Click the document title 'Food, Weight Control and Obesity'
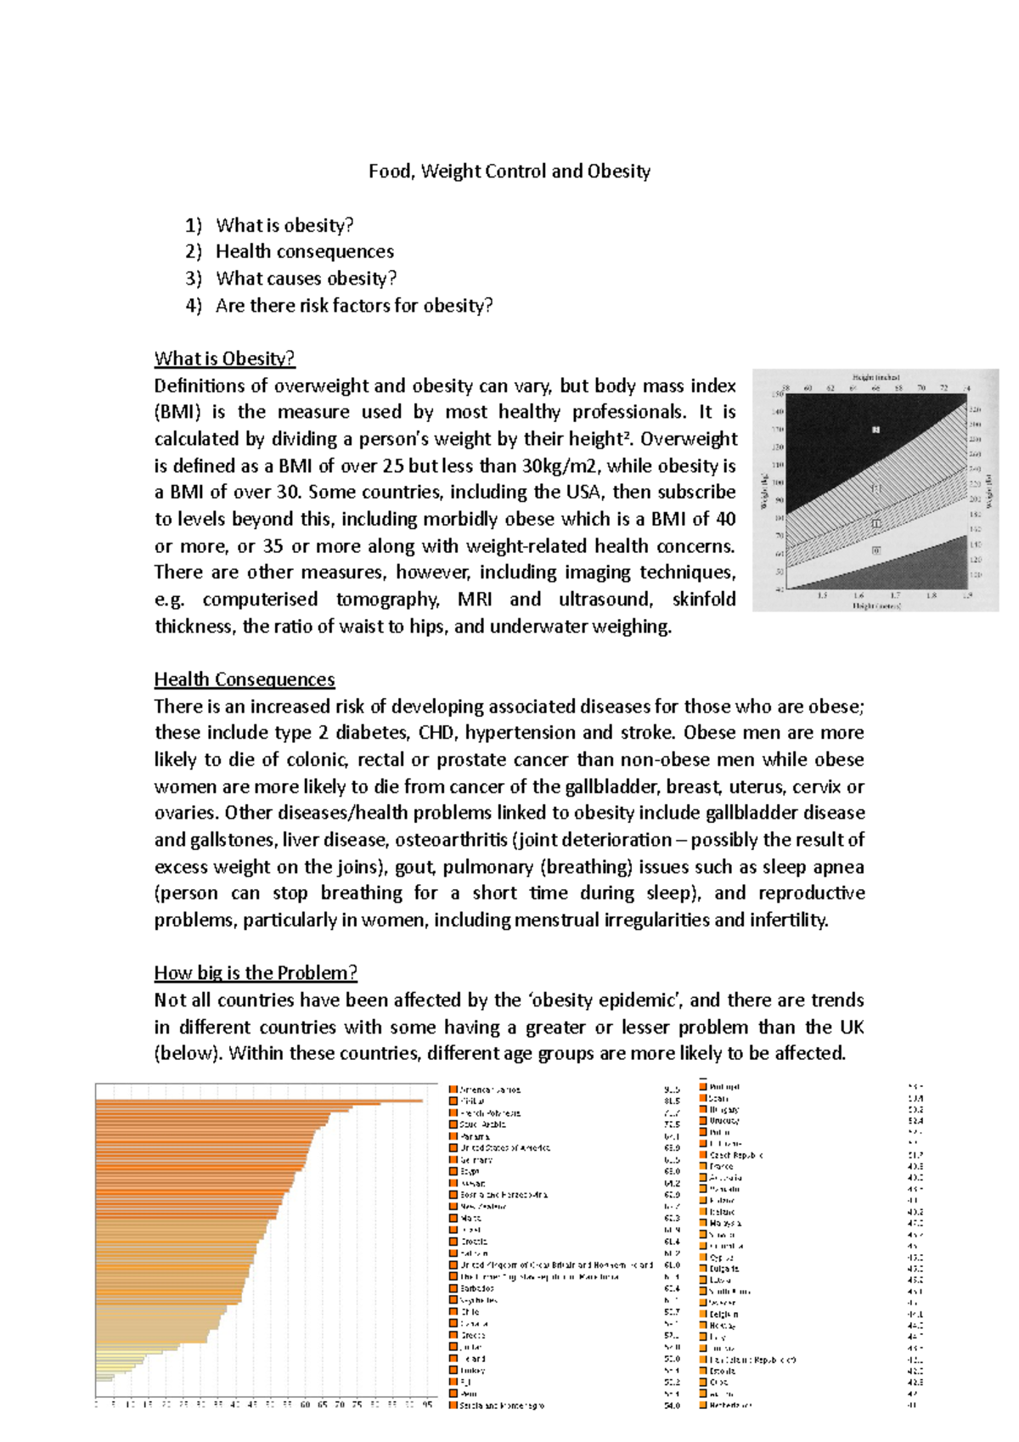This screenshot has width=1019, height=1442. tap(509, 172)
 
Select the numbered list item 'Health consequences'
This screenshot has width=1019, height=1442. tap(304, 251)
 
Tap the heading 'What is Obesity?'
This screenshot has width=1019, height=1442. tap(224, 358)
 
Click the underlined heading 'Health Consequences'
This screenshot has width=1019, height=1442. tap(245, 679)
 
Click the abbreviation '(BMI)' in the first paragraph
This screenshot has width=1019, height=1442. tap(180, 413)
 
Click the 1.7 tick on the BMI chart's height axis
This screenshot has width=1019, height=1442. tap(895, 596)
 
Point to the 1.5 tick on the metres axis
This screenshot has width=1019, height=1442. tap(822, 596)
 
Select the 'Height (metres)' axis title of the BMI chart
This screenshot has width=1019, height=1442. tap(876, 606)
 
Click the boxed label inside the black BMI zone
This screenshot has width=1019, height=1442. tap(876, 430)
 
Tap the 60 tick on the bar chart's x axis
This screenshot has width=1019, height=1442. tap(305, 1405)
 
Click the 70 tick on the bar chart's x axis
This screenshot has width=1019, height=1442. tap(340, 1405)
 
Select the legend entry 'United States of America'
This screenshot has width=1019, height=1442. tap(505, 1148)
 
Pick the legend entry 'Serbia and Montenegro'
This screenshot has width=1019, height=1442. tap(501, 1406)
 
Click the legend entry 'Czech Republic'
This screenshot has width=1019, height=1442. tap(735, 1155)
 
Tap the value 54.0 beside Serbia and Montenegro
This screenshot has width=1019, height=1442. tap(671, 1406)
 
